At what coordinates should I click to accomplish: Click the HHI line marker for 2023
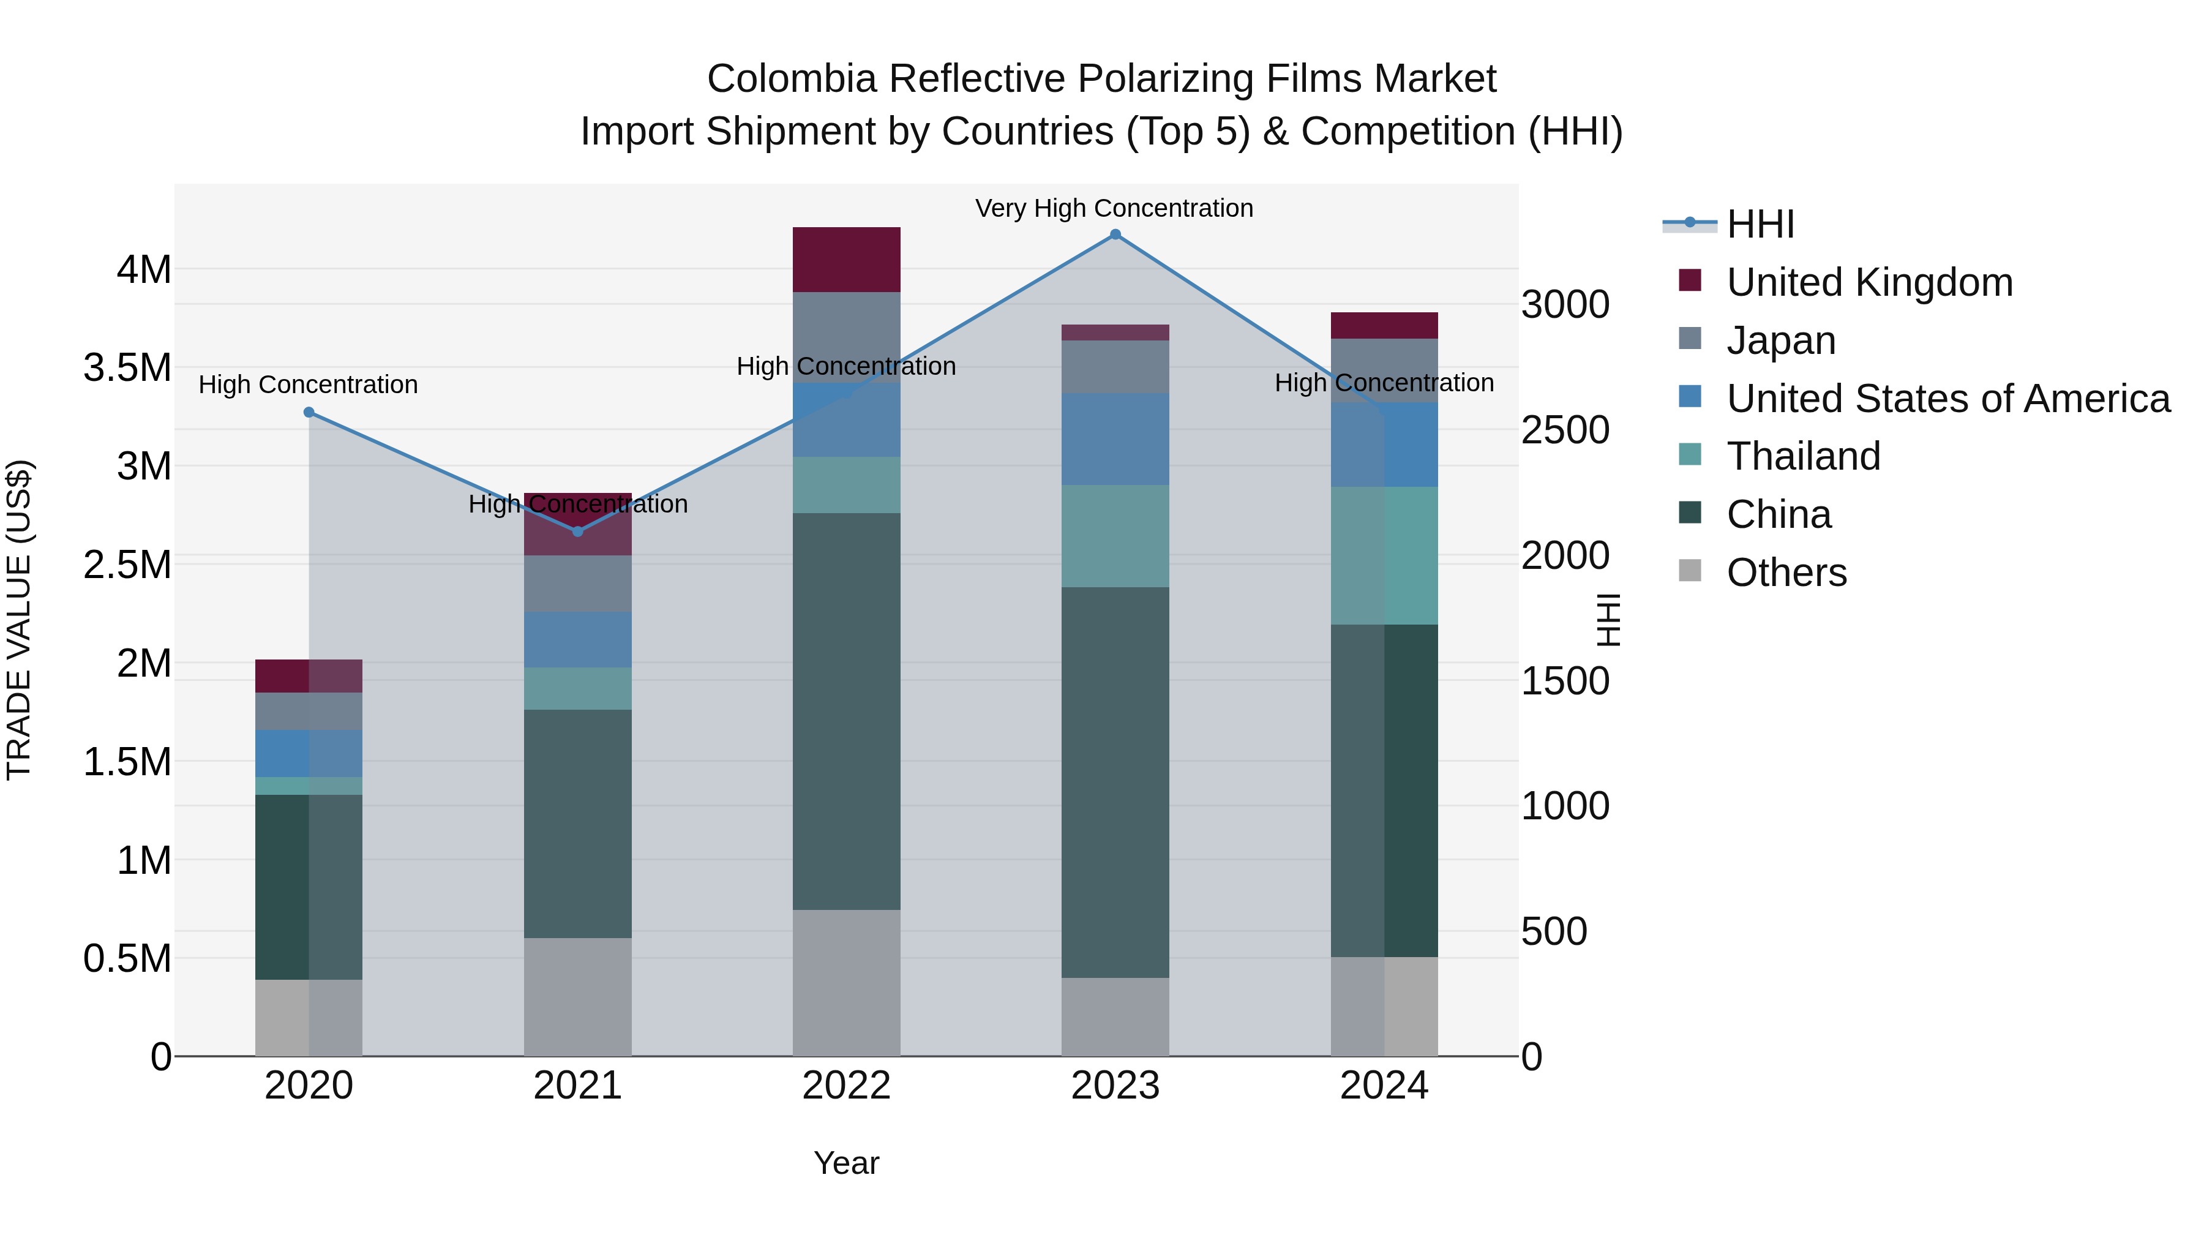click(x=1115, y=235)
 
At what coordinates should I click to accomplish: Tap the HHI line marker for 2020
click(x=309, y=413)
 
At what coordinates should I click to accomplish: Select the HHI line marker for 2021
click(x=577, y=532)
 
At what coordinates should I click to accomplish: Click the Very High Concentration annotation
click(x=1114, y=209)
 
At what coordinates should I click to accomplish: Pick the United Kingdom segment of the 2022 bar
click(x=846, y=260)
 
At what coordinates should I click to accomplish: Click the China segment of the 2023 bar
click(x=1115, y=782)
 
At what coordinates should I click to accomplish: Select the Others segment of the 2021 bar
click(x=577, y=997)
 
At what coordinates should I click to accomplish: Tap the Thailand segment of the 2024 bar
click(x=1384, y=556)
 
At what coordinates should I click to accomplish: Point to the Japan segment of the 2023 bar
click(x=1115, y=367)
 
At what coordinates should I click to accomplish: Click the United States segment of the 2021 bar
click(x=577, y=640)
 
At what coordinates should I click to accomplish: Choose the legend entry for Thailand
click(x=1803, y=456)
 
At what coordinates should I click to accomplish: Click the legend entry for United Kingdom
click(x=1870, y=282)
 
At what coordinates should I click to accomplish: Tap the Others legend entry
click(x=1786, y=573)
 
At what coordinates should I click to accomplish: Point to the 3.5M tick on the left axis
click(x=127, y=368)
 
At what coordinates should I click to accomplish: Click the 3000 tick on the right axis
click(x=1565, y=305)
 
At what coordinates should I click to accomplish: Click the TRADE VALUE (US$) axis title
click(x=19, y=620)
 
